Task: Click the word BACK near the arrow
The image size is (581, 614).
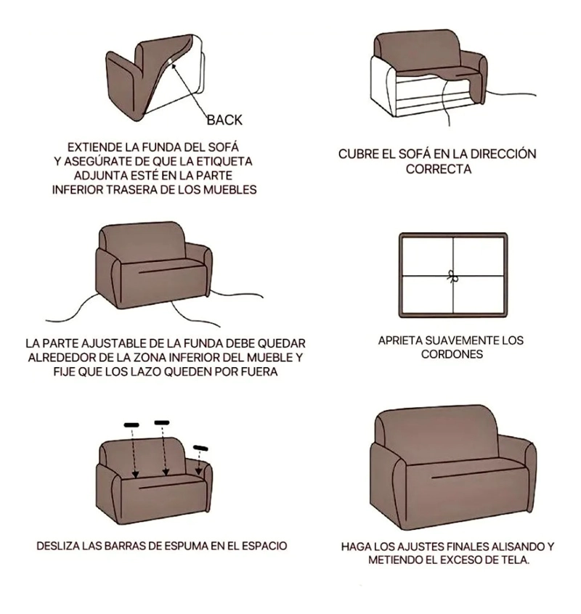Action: click(224, 120)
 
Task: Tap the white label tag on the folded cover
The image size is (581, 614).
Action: click(169, 62)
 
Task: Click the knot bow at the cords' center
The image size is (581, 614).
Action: click(452, 276)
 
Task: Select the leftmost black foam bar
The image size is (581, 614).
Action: click(131, 425)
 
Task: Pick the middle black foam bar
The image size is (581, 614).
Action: click(162, 422)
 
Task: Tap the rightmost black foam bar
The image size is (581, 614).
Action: click(200, 448)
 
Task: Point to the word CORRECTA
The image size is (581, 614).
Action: click(439, 169)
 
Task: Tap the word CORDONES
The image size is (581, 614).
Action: click(452, 354)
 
